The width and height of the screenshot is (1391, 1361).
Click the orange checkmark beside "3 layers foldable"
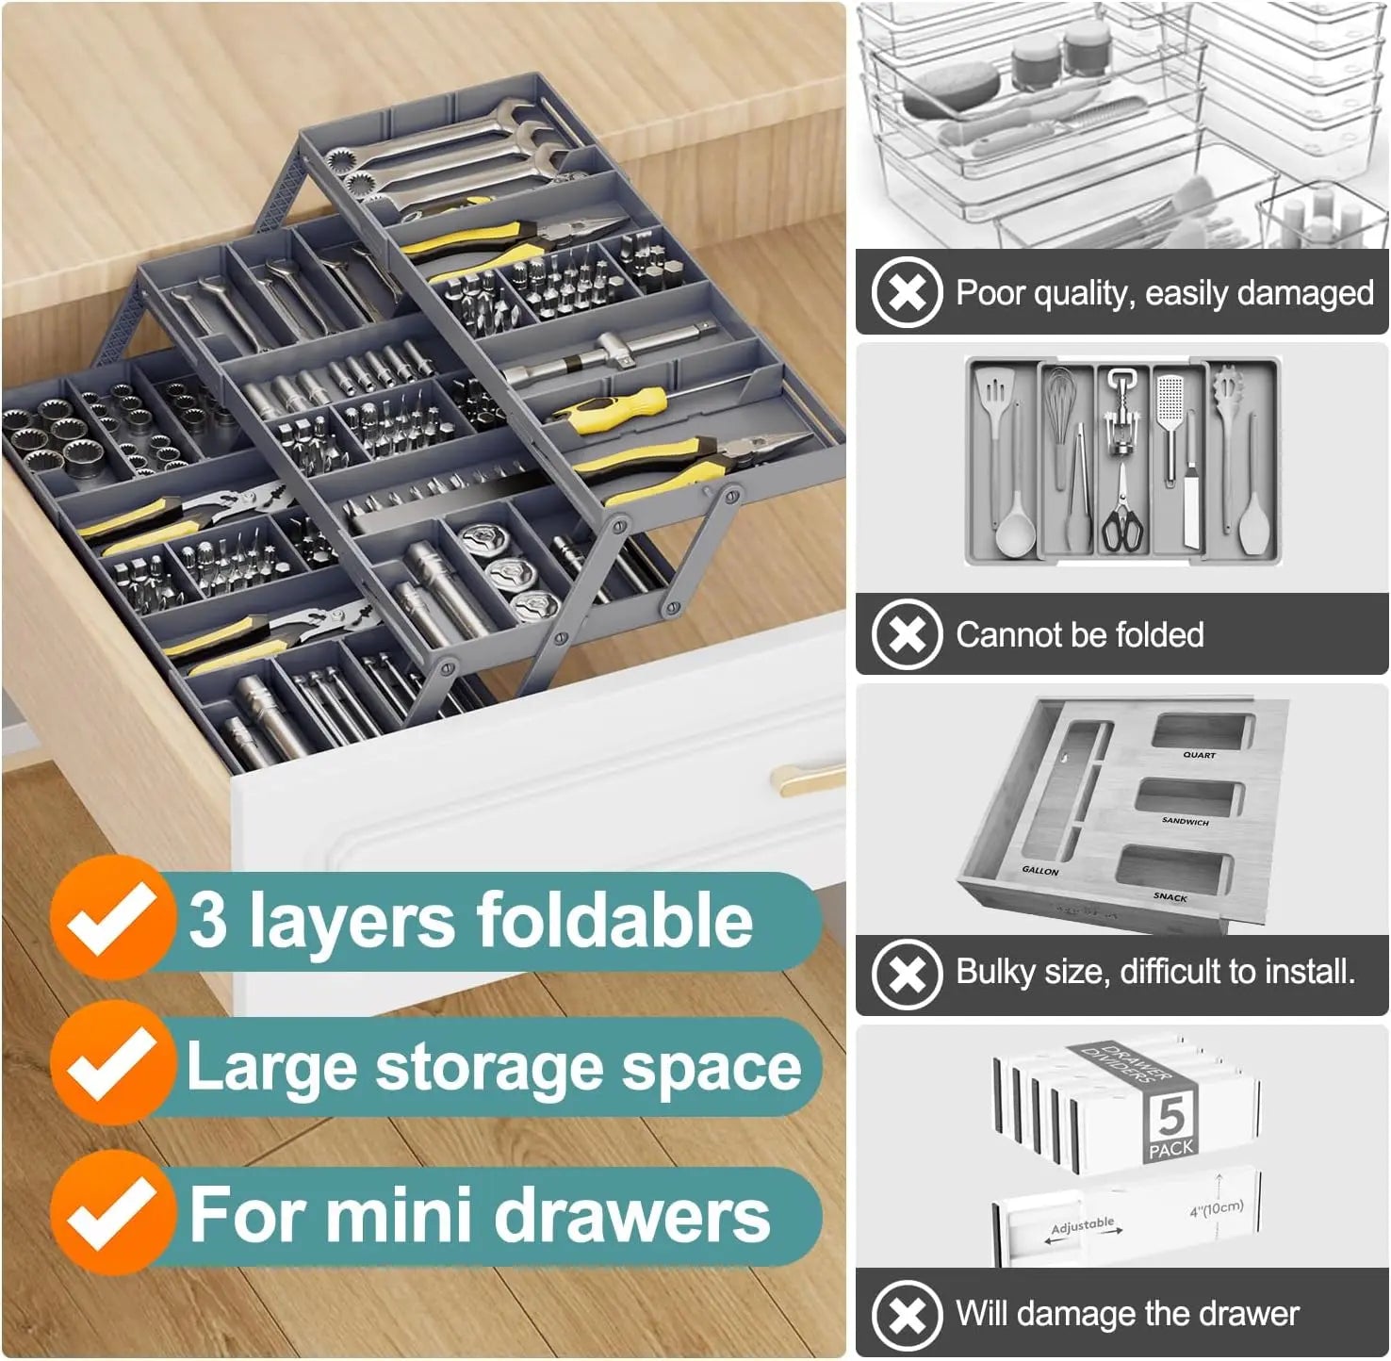[111, 918]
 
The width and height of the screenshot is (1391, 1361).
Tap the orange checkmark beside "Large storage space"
[111, 1064]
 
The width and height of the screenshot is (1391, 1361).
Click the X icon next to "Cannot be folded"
[907, 634]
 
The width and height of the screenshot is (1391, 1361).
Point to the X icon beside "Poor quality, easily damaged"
[907, 292]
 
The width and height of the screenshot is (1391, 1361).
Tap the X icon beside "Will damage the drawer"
[907, 1314]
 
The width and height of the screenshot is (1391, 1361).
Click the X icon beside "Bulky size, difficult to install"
[907, 973]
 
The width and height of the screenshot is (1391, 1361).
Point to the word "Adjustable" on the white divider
[1082, 1225]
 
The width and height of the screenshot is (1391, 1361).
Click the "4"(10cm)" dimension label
[1216, 1208]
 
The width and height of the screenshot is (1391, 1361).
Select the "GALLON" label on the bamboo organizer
[1040, 871]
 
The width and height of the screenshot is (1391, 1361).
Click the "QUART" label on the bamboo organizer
[1199, 755]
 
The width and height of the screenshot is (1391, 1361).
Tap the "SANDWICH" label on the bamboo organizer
[1185, 821]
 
